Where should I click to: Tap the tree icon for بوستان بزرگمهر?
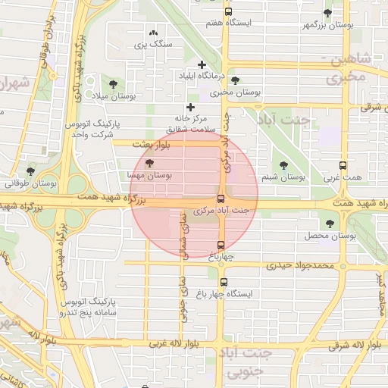[327, 13]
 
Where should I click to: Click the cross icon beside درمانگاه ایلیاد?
[202, 65]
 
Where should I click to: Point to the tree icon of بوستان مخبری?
[235, 80]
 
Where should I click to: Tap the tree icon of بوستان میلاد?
[113, 84]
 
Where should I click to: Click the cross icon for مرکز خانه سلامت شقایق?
[191, 108]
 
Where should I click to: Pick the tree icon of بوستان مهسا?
[149, 162]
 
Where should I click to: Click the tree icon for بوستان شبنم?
[283, 164]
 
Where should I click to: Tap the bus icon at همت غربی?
[343, 165]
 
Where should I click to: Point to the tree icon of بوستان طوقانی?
[30, 171]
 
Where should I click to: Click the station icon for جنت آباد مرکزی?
[221, 199]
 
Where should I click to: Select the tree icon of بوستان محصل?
[329, 224]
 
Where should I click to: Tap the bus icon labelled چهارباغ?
[221, 245]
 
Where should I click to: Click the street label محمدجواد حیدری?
[300, 265]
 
